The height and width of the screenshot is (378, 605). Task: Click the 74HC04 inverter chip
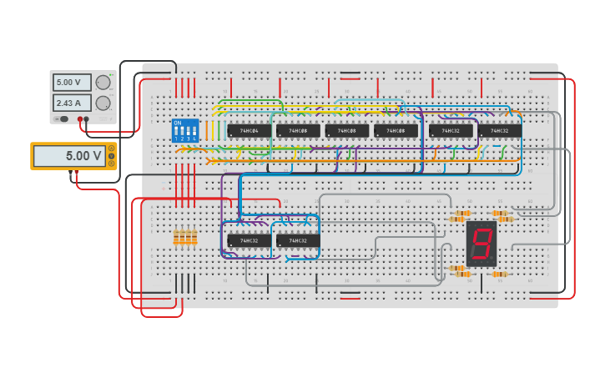click(249, 130)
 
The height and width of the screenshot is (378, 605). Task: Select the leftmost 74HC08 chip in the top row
click(298, 130)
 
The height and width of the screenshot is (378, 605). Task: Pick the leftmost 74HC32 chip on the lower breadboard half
click(249, 240)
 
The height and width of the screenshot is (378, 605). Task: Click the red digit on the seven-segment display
click(481, 243)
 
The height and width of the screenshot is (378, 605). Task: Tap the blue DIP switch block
click(185, 131)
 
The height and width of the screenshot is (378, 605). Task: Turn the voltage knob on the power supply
click(103, 83)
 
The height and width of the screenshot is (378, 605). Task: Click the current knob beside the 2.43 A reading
click(103, 103)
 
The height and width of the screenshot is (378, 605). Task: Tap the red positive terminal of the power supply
click(80, 119)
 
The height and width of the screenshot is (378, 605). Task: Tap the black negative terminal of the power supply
click(87, 119)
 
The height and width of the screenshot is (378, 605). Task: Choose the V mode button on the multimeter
click(111, 156)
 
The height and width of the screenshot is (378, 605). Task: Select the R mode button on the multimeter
click(111, 163)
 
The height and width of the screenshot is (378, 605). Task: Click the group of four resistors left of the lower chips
click(185, 238)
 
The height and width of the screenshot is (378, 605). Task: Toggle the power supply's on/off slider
click(61, 119)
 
